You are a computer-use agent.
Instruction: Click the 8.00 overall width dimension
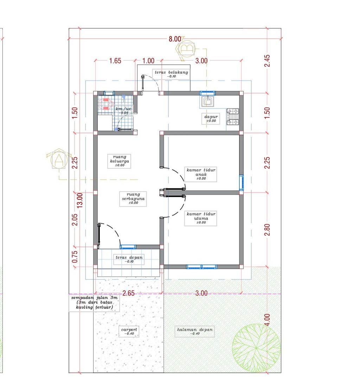175,39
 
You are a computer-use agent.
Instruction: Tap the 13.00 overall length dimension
80,200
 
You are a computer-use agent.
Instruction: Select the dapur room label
211,118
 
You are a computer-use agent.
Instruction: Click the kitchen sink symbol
207,101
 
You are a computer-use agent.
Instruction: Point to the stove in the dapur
233,117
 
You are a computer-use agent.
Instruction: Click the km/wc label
123,111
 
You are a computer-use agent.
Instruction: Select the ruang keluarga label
119,161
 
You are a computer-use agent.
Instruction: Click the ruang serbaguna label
133,198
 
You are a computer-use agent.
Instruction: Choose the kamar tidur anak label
201,174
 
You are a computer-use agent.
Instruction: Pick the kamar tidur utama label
201,218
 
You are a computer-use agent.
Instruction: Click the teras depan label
129,259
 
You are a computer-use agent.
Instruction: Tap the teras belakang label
171,74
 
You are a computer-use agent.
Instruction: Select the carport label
129,331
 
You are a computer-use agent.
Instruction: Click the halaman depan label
195,331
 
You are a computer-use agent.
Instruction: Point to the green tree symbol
256,348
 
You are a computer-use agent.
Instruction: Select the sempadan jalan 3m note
94,302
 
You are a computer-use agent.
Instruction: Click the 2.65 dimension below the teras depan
128,293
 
